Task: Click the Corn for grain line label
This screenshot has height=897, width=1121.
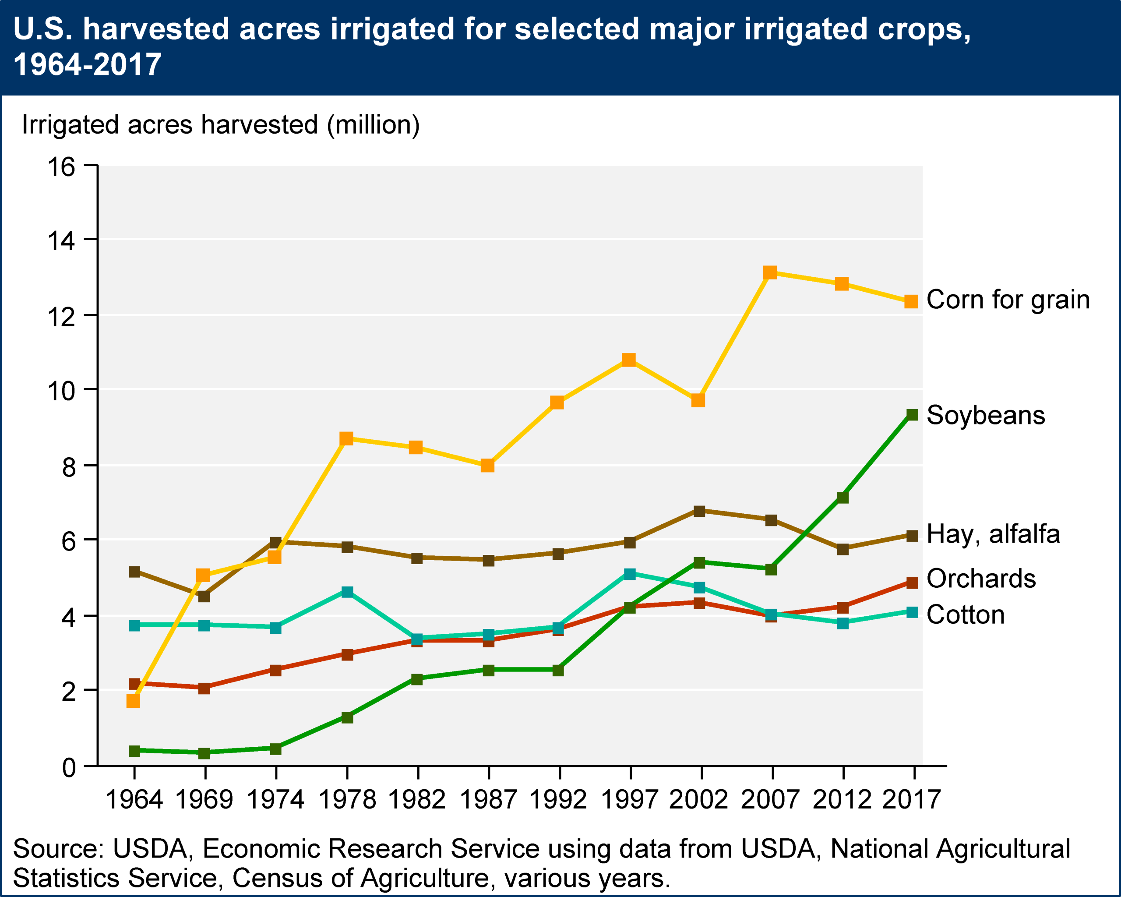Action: click(1008, 300)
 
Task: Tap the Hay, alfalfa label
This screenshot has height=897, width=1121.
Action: click(993, 534)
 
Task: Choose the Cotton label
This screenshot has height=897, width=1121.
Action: click(965, 614)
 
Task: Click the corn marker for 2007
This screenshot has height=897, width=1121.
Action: click(770, 272)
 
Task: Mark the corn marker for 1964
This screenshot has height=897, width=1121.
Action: click(133, 701)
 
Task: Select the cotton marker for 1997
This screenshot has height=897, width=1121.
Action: click(629, 574)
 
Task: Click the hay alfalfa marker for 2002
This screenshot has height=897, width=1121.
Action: click(699, 511)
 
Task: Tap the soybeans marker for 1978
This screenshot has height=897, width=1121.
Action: click(347, 717)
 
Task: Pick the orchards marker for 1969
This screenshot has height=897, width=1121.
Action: click(204, 689)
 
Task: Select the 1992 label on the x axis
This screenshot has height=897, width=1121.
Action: click(558, 800)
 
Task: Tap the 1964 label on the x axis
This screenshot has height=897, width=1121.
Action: click(134, 800)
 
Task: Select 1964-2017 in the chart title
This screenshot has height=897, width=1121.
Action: click(87, 65)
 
